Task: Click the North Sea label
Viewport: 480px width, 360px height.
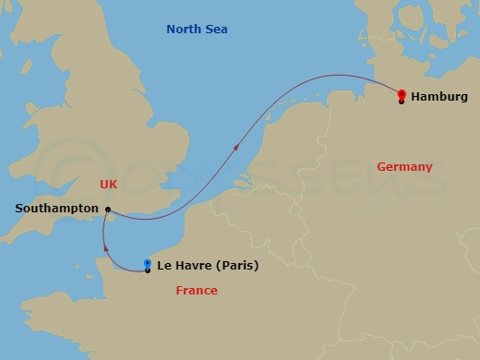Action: (x=197, y=30)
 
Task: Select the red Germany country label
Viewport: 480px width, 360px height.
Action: (x=404, y=167)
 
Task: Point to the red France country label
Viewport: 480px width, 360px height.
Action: (x=197, y=291)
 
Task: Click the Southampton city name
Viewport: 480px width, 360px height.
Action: (x=56, y=209)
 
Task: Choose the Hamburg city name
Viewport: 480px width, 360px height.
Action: (x=438, y=96)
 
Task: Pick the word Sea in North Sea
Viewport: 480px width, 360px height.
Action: (x=217, y=30)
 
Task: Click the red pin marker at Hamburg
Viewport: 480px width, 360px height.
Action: (x=402, y=93)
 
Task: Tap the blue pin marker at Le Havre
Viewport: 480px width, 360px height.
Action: (x=148, y=264)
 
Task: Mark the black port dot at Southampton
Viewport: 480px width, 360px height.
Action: (x=109, y=209)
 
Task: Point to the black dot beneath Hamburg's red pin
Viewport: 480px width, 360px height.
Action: (x=402, y=101)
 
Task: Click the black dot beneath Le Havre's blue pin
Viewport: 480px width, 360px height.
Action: (x=148, y=270)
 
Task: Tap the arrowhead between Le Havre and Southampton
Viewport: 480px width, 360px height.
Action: (x=104, y=246)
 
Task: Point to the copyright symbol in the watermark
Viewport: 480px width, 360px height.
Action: (x=65, y=175)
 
